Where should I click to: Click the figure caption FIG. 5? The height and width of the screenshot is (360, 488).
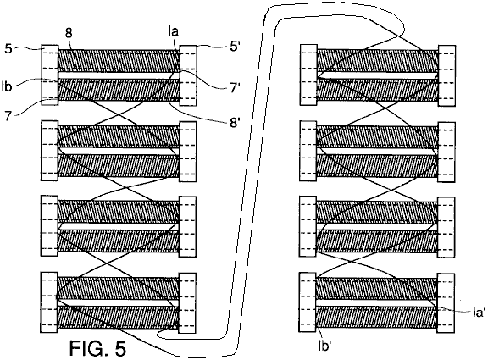(97, 348)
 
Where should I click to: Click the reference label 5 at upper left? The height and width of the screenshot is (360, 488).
(8, 49)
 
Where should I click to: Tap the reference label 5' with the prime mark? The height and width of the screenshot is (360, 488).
(234, 47)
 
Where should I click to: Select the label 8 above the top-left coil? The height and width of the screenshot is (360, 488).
(69, 33)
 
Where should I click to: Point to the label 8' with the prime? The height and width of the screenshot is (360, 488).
(235, 123)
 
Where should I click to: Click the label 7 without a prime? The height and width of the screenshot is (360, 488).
(8, 115)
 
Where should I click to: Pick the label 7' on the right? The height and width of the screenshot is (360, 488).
(235, 88)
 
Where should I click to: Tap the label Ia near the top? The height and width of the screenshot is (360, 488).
(174, 32)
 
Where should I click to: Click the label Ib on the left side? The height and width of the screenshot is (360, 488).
(7, 86)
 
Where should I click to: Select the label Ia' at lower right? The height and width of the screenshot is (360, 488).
(479, 313)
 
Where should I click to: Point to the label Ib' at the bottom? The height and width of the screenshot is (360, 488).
(324, 346)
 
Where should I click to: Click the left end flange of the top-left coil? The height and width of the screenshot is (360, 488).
(50, 75)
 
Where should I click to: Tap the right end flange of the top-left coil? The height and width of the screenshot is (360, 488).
(188, 75)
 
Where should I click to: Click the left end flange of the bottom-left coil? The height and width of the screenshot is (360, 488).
(49, 302)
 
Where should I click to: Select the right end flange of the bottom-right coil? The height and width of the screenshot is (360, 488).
(446, 303)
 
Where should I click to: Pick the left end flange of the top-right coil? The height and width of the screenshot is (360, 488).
(308, 75)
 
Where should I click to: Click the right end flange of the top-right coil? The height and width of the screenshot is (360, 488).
(447, 75)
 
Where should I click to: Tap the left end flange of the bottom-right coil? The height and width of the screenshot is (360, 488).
(308, 302)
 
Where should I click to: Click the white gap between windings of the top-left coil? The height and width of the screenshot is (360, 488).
(119, 75)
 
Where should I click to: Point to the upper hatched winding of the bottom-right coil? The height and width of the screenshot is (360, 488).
(376, 289)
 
